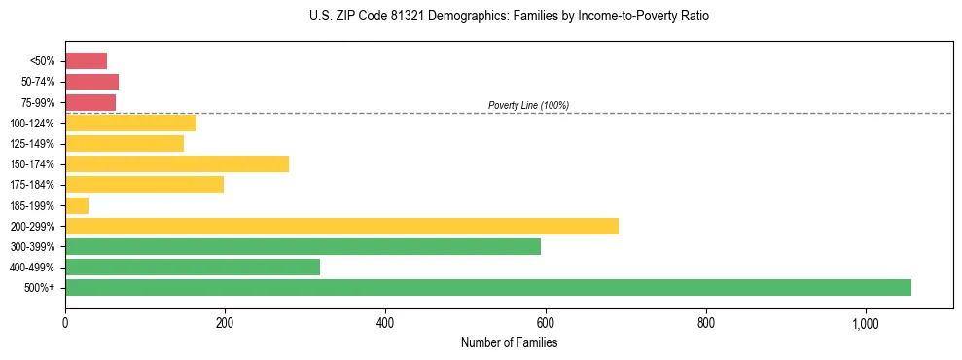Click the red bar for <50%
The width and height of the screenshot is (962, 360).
click(x=86, y=61)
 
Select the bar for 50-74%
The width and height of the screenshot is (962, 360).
click(x=91, y=82)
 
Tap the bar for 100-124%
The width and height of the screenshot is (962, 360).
click(x=130, y=123)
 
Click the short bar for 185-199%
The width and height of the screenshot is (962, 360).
click(x=77, y=205)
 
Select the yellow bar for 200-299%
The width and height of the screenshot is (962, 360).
click(x=341, y=226)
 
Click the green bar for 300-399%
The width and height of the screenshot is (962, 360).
click(x=303, y=246)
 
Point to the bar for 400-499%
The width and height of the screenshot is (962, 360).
click(x=193, y=267)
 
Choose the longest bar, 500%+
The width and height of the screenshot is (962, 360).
click(x=488, y=287)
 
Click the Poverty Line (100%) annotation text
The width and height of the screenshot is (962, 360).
click(x=528, y=105)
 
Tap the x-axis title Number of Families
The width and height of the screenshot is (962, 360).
click(x=509, y=342)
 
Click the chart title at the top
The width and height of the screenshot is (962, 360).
click(x=509, y=17)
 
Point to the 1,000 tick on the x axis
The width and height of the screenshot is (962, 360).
click(x=866, y=323)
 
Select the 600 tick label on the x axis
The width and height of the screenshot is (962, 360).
click(x=546, y=323)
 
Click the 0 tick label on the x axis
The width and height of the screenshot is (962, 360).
click(x=65, y=323)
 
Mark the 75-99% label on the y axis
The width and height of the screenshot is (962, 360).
click(x=38, y=102)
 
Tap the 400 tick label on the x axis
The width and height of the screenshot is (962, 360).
click(x=385, y=323)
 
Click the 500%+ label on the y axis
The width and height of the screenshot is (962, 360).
click(x=41, y=288)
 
